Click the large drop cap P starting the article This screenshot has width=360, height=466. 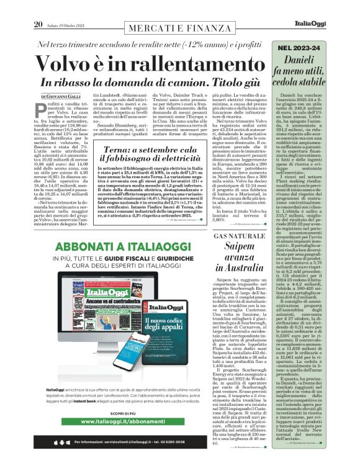tap(43, 110)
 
